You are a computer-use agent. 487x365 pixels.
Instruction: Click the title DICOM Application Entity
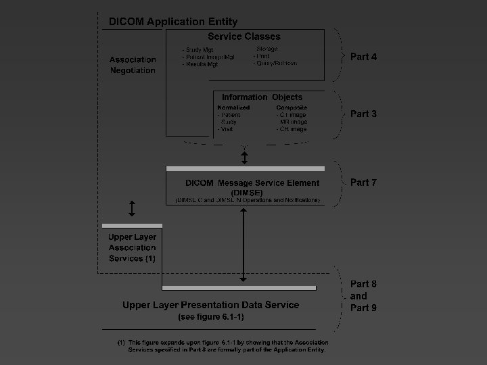(173, 22)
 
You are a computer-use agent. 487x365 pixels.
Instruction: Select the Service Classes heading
(243, 36)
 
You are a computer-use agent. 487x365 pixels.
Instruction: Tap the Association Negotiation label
(133, 65)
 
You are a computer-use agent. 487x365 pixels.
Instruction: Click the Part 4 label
(363, 57)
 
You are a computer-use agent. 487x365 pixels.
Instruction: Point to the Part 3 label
(363, 114)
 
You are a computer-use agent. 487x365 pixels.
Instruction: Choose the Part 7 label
(363, 182)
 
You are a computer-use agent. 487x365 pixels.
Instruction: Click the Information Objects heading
(262, 97)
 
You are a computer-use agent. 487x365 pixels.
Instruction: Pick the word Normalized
(233, 107)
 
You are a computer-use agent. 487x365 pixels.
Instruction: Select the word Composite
(292, 107)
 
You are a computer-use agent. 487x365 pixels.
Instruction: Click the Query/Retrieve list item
(275, 63)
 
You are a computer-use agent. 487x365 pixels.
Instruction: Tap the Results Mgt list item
(200, 64)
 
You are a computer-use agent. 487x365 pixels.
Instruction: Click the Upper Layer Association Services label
(133, 247)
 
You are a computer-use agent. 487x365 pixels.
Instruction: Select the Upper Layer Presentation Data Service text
(210, 305)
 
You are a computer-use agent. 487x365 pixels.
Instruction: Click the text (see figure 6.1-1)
(210, 316)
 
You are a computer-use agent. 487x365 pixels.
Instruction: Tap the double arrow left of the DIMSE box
(132, 208)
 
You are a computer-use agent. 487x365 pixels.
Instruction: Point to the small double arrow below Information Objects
(245, 157)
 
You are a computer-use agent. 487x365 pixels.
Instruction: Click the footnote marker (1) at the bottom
(121, 343)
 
